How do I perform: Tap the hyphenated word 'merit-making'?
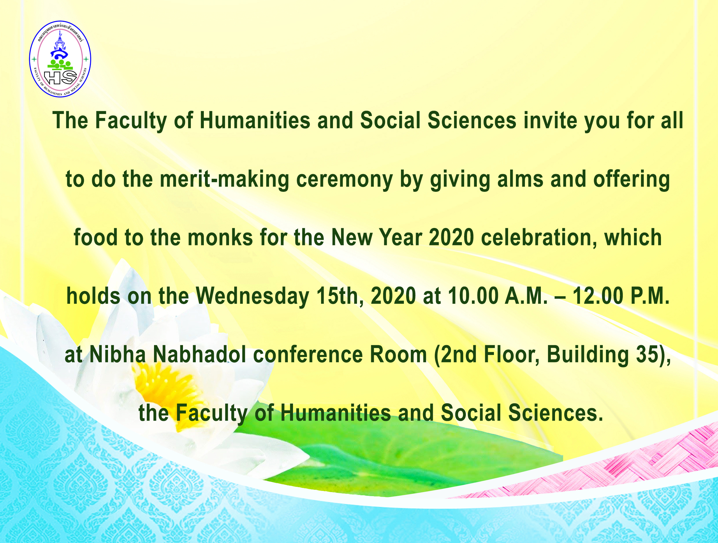[x=224, y=179]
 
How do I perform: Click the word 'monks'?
[x=220, y=238]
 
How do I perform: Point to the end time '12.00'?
[x=597, y=296]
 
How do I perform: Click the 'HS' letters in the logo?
[x=61, y=77]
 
